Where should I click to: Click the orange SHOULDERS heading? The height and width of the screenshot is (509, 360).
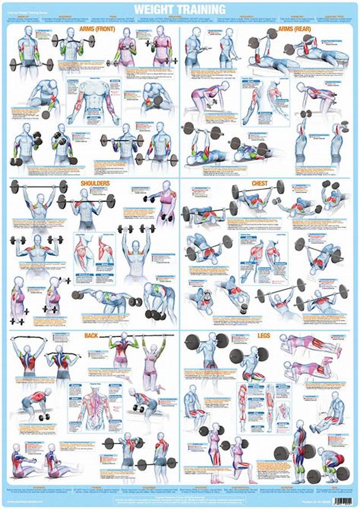tap(95, 183)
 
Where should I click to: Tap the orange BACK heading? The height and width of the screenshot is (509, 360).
tap(91, 335)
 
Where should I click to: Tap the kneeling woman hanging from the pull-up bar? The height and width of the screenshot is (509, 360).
tap(153, 360)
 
